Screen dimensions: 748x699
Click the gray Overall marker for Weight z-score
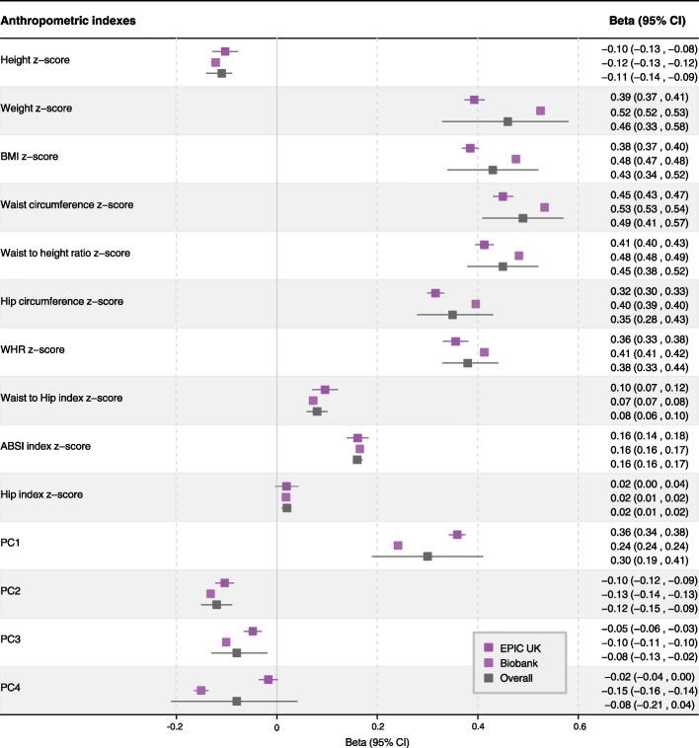point(507,121)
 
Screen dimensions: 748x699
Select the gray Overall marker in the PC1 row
point(427,557)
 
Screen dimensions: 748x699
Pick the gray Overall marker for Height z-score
point(222,74)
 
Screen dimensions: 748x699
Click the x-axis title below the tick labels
point(375,740)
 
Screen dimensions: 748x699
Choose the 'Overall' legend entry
point(518,678)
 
